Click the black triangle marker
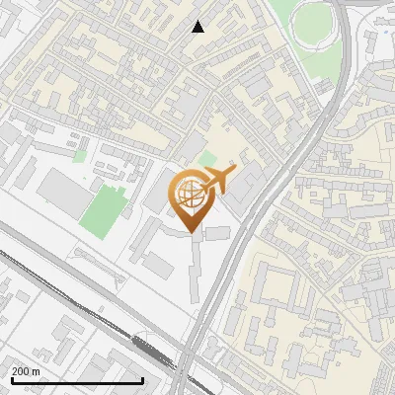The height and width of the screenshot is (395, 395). point(197,27)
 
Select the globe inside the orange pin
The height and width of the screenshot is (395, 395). point(193,196)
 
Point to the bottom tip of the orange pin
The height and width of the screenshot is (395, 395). point(193,233)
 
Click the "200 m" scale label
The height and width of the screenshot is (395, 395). point(26,370)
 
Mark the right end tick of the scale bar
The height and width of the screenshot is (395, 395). point(143,379)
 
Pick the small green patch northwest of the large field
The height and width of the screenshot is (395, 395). point(78,154)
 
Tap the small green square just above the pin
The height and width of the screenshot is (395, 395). point(206,158)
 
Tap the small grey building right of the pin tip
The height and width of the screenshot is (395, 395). point(218,232)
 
